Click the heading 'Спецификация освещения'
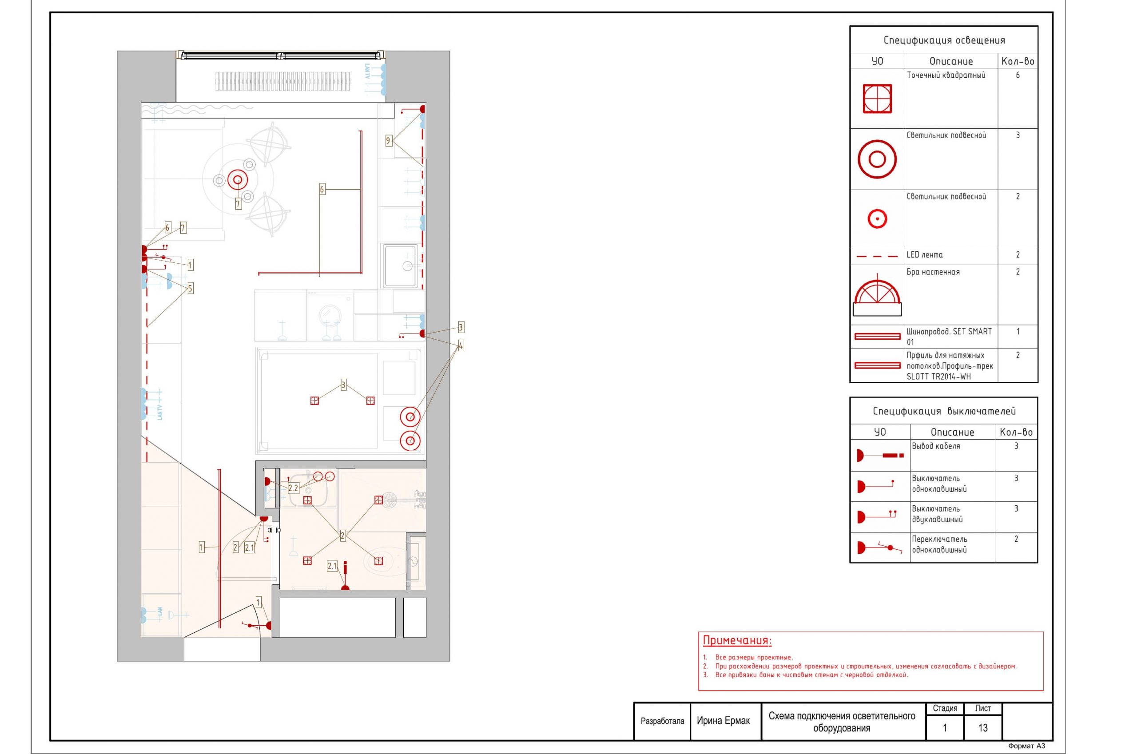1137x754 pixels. (944, 40)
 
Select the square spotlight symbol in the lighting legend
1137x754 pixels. (877, 99)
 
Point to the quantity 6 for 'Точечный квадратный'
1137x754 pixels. (1017, 75)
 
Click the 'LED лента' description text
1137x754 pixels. (924, 255)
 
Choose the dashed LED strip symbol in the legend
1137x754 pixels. (877, 256)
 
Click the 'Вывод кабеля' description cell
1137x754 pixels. (936, 446)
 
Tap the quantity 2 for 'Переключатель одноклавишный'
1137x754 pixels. (1016, 539)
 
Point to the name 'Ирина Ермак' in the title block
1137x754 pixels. (723, 721)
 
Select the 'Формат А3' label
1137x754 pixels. (1026, 746)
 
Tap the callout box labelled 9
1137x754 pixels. (388, 140)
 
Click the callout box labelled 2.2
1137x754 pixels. (293, 488)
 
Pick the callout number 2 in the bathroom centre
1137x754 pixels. (342, 535)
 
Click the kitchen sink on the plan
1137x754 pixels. (400, 266)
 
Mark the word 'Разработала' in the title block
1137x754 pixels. (662, 721)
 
